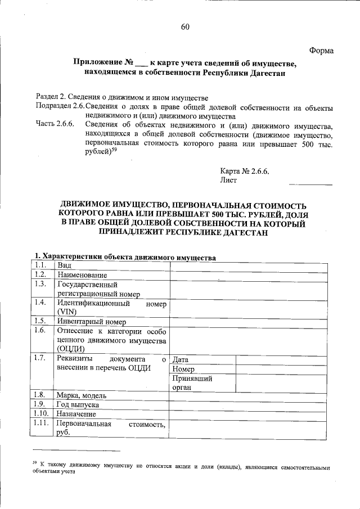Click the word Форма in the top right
(322, 51)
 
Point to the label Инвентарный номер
(91, 322)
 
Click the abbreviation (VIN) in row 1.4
(67, 312)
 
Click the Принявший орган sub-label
(192, 383)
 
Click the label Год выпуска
(78, 404)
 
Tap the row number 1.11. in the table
(42, 424)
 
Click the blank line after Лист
(310, 182)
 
